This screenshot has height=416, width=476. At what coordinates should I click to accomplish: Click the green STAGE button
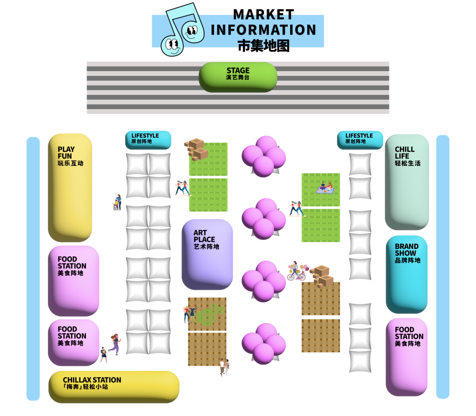(238, 76)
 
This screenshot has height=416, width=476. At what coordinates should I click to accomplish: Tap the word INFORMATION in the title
(264, 30)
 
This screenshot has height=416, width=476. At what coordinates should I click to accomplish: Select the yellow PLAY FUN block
(70, 187)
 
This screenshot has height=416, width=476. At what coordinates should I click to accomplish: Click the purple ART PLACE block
(207, 254)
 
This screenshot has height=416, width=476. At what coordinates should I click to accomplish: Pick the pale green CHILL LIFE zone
(407, 182)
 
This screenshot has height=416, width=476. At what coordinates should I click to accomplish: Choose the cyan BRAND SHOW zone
(407, 274)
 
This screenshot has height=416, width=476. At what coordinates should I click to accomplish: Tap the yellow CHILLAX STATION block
(114, 386)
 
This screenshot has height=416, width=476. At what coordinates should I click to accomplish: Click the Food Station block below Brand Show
(407, 356)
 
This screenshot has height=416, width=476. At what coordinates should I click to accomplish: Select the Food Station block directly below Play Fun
(73, 280)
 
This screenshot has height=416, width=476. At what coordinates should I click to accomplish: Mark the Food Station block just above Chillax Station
(73, 342)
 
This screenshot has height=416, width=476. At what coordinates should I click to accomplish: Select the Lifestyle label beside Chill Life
(360, 139)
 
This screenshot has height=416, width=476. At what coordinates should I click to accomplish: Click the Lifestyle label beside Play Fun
(148, 139)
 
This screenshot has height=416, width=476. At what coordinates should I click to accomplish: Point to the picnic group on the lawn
(325, 188)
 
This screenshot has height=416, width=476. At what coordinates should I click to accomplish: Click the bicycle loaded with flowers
(297, 272)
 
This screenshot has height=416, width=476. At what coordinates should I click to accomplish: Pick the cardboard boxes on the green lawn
(197, 149)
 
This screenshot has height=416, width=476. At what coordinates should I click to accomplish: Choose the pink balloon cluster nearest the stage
(264, 156)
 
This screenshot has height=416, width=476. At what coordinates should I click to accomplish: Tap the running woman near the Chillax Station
(115, 344)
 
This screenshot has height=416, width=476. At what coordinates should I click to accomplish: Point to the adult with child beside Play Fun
(117, 203)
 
